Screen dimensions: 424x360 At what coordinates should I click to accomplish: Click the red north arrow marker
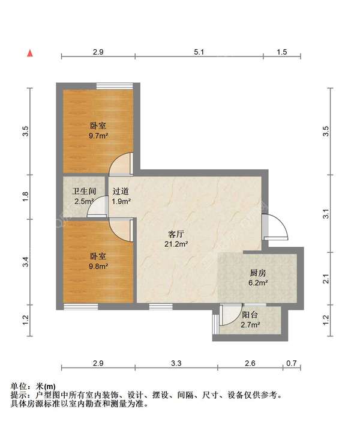29,53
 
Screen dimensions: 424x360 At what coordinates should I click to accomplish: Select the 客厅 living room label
176,234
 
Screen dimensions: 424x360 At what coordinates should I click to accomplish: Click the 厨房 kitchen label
259,272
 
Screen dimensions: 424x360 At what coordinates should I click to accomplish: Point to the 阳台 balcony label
250,315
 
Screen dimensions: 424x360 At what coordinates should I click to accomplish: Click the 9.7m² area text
98,136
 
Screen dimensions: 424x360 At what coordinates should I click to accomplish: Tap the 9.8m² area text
98,266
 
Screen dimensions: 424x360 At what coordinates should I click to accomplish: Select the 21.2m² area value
176,244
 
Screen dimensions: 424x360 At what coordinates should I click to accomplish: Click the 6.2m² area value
259,282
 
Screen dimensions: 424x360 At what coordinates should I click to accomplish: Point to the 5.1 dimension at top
199,52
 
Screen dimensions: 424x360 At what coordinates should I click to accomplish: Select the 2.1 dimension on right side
326,279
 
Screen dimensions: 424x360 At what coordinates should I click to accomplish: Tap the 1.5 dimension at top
281,52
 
